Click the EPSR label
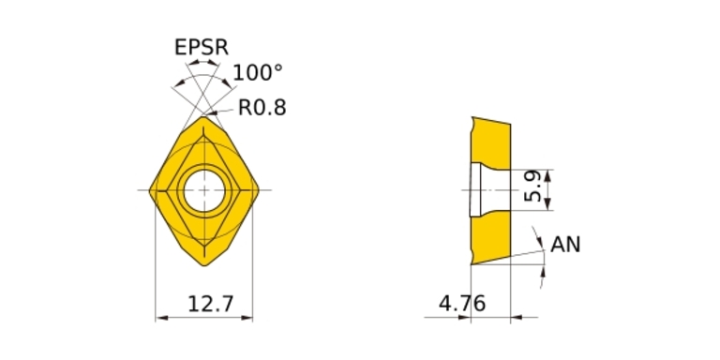click(x=202, y=47)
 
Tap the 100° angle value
click(x=258, y=73)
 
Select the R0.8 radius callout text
click(x=262, y=108)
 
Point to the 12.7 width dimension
click(x=211, y=304)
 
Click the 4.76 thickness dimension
click(x=462, y=304)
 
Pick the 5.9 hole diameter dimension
click(x=532, y=186)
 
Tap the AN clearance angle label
click(x=565, y=245)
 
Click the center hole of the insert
click(x=204, y=190)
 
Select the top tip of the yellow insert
click(x=203, y=116)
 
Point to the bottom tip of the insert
click(x=204, y=265)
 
